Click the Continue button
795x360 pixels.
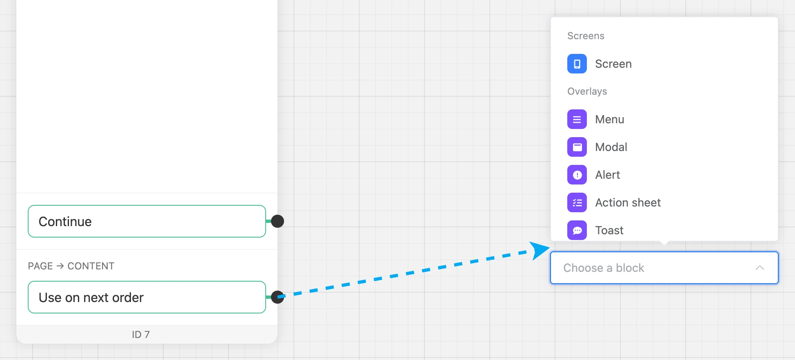(147, 221)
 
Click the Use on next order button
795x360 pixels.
(147, 297)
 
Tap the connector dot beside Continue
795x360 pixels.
(278, 221)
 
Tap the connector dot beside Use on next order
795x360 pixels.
(278, 297)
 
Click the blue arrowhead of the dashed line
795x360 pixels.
(540, 250)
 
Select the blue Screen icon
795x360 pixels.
(577, 64)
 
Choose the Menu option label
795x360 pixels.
(610, 119)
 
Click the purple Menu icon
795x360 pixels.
(577, 119)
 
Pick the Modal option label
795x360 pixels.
(611, 147)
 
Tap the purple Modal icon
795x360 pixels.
(577, 147)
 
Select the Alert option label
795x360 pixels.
(608, 175)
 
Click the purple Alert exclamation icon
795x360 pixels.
(577, 175)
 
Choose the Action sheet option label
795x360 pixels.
(628, 202)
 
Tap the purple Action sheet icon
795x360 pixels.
(577, 202)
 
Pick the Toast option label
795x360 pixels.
(609, 230)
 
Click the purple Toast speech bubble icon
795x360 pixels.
(577, 230)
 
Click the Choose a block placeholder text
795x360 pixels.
(604, 268)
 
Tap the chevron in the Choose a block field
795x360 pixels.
(759, 268)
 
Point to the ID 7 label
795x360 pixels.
(141, 334)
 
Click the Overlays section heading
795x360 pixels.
(587, 91)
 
